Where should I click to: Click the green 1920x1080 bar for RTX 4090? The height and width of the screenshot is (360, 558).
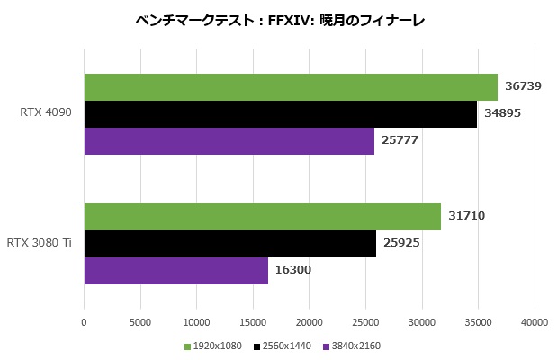[x=291, y=87]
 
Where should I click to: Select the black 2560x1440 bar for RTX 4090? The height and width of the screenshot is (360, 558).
[x=280, y=114]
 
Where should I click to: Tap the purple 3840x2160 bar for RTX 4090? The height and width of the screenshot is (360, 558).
[x=229, y=141]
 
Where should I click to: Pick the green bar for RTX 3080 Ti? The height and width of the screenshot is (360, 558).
[x=262, y=217]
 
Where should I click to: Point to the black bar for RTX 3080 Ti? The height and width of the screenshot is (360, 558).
[x=229, y=244]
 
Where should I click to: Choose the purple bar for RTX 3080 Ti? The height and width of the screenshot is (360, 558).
[x=175, y=271]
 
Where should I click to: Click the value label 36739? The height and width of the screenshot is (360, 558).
[x=524, y=87]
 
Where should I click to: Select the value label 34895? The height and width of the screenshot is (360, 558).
[x=502, y=114]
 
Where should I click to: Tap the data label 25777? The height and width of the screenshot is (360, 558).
[x=400, y=141]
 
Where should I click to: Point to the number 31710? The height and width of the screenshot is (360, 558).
[x=467, y=217]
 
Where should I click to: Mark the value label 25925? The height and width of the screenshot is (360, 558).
[x=401, y=244]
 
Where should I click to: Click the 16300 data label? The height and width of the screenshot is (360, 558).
[x=293, y=271]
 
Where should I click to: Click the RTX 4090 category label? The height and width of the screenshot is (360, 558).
[x=45, y=113]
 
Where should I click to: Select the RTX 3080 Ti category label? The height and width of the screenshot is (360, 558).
[x=39, y=243]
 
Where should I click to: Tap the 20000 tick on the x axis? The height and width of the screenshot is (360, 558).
[x=309, y=322]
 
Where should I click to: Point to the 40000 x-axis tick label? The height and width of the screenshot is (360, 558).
[x=535, y=322]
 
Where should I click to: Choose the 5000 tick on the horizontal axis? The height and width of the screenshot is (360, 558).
[x=139, y=322]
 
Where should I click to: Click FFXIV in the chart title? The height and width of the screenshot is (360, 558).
[x=288, y=20]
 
